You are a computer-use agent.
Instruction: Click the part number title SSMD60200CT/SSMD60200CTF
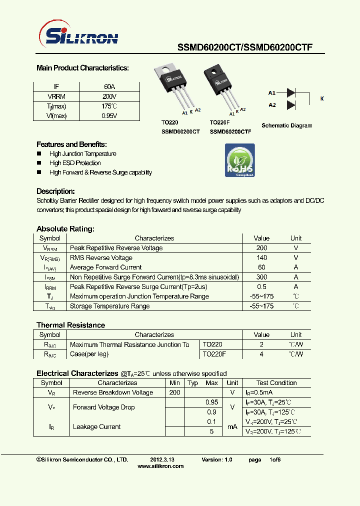(245, 47)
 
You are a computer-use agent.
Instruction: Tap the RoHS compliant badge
(240, 160)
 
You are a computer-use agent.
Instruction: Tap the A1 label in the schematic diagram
(272, 93)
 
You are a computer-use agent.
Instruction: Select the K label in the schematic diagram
(322, 99)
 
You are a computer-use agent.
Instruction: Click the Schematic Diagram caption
(287, 125)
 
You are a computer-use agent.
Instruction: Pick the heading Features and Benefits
(71, 144)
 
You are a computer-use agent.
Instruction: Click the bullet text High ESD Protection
(75, 163)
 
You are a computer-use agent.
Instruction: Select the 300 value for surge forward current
(261, 277)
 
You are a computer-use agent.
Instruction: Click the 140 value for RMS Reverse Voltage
(261, 257)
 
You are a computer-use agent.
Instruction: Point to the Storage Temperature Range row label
(109, 306)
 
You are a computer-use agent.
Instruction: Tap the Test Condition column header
(276, 383)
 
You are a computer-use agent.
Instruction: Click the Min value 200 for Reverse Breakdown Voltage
(174, 392)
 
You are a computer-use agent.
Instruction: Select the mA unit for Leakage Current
(232, 426)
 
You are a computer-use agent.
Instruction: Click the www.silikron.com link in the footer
(160, 466)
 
